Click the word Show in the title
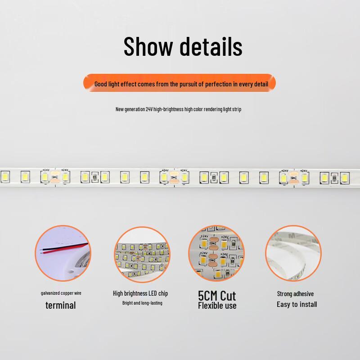148,46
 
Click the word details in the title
211,46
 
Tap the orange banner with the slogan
179,83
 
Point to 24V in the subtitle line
149,109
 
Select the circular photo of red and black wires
63,253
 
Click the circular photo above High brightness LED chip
142,254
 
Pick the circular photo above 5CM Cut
216,253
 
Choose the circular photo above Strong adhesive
293,253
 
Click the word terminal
61,306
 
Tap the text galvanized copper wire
61,293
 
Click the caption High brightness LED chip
140,293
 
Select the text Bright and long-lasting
142,303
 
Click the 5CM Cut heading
217,296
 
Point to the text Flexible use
217,306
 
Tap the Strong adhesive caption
295,294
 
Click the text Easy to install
297,305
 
